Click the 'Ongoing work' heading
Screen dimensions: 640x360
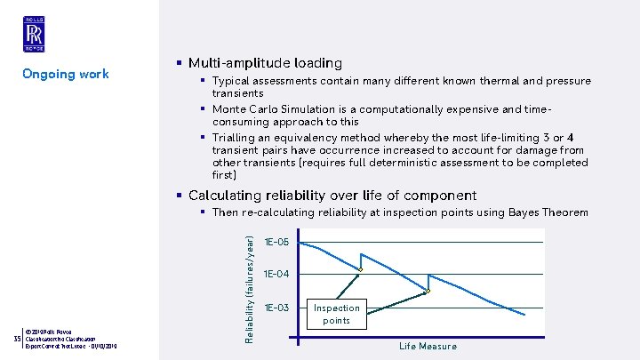pyautogui.click(x=65, y=74)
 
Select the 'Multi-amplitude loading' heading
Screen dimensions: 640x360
pyautogui.click(x=265, y=63)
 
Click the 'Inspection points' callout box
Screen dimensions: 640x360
pyautogui.click(x=336, y=314)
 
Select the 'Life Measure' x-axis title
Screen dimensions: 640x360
pyautogui.click(x=428, y=346)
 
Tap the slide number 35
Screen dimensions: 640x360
pyautogui.click(x=17, y=339)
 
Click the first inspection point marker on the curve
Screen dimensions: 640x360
pyautogui.click(x=360, y=269)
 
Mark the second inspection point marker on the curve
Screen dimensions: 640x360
pyautogui.click(x=427, y=292)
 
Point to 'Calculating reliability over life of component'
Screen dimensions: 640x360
pyautogui.click(x=333, y=196)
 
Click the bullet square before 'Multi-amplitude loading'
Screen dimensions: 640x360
pyautogui.click(x=180, y=63)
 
